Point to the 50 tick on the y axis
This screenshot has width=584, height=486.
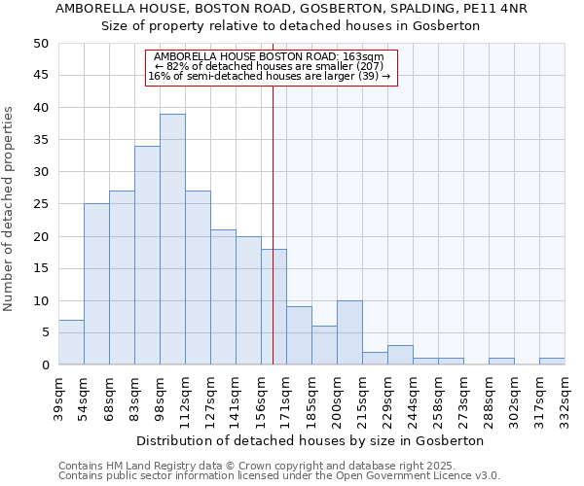click(x=40, y=44)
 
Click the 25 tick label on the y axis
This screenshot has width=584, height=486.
click(x=40, y=204)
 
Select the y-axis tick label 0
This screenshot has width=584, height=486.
click(x=44, y=365)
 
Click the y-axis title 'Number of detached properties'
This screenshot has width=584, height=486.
click(x=9, y=209)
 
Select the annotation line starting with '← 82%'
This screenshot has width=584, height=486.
click(x=272, y=66)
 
